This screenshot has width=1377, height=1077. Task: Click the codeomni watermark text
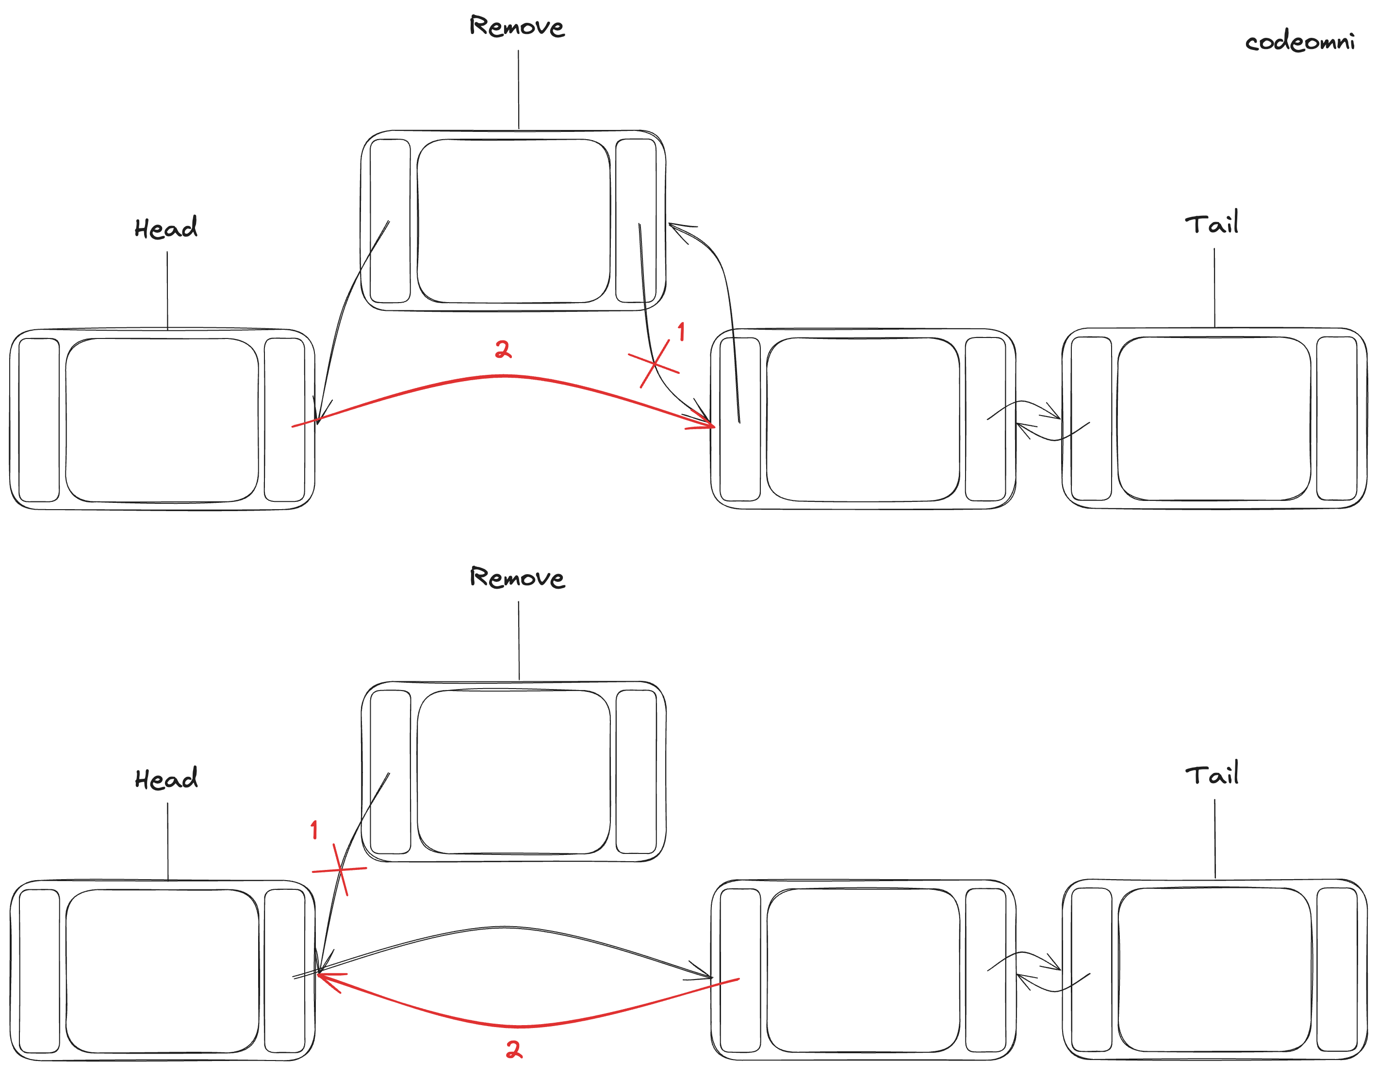pos(1299,42)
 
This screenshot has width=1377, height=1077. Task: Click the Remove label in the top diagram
pos(517,27)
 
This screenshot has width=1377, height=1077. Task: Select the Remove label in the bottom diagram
pos(517,578)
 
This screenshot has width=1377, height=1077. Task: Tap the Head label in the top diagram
pos(166,228)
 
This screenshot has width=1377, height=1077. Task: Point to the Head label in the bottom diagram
pos(166,779)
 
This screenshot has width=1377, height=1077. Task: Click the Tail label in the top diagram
pos(1211,224)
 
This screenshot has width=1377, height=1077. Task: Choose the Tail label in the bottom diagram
pos(1212,775)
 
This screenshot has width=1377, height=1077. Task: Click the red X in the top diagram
pos(654,364)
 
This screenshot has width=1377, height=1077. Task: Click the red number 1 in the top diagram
pos(681,332)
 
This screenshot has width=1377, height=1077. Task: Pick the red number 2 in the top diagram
pos(503,349)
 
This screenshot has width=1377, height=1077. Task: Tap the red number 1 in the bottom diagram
pos(314,830)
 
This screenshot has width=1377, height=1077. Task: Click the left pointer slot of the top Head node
pos(39,420)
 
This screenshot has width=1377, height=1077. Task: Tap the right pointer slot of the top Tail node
pos(1337,418)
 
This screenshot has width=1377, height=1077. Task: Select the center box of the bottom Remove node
pos(513,772)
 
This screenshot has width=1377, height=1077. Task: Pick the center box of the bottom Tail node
pos(1214,970)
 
